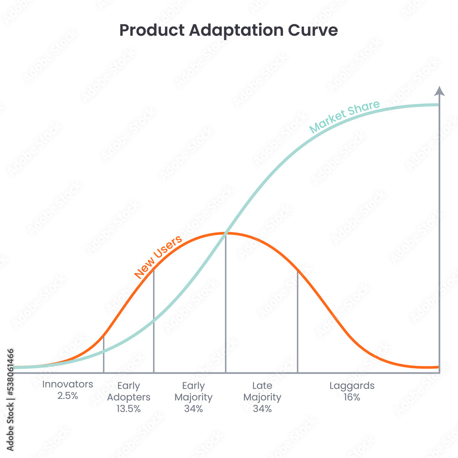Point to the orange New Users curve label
click(x=158, y=256)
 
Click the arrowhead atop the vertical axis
click(x=439, y=91)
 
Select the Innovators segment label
click(x=68, y=384)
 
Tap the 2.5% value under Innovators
click(x=68, y=396)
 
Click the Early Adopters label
click(x=129, y=391)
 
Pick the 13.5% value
click(x=129, y=409)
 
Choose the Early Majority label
click(x=193, y=391)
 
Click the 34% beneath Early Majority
click(x=193, y=409)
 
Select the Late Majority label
click(x=262, y=391)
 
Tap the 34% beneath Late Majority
click(x=262, y=409)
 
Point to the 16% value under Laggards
click(x=352, y=397)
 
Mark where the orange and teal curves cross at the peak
click(x=226, y=233)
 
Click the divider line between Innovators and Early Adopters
click(x=104, y=355)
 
